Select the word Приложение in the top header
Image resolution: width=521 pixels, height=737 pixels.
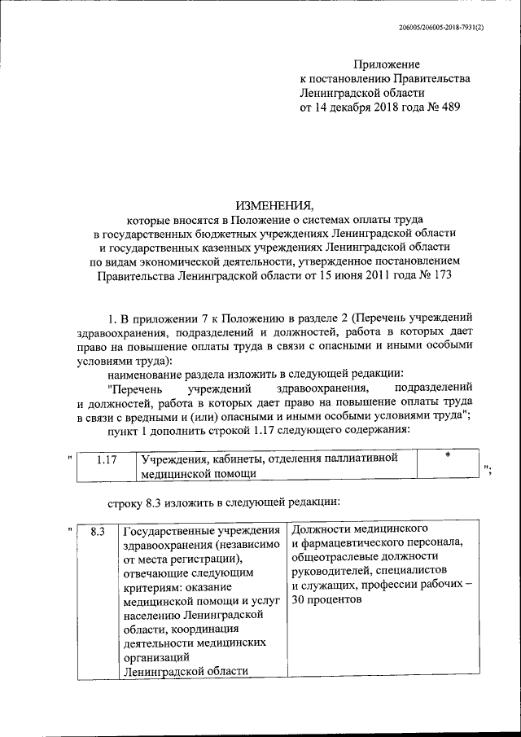[387, 63]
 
